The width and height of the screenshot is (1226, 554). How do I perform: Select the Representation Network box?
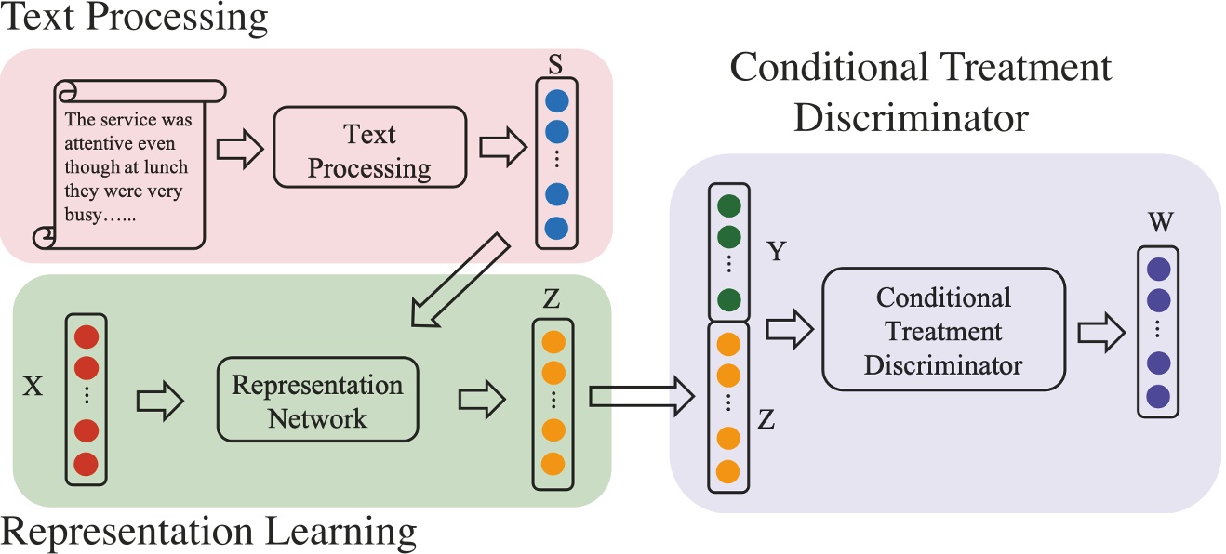click(x=317, y=401)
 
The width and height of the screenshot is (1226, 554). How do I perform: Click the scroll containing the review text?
click(x=127, y=165)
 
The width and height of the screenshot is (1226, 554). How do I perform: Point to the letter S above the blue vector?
click(x=555, y=64)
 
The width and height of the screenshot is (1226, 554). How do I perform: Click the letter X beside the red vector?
click(x=33, y=387)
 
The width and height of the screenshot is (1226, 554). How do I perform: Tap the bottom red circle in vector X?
click(x=87, y=462)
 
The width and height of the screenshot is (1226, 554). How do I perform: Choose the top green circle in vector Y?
click(x=729, y=205)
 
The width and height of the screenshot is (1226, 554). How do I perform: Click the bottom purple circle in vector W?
click(x=1158, y=395)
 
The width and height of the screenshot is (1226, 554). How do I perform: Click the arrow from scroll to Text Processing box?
click(x=239, y=150)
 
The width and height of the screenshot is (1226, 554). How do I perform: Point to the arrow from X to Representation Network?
click(x=161, y=401)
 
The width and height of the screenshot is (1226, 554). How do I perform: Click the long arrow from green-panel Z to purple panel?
click(x=642, y=398)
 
